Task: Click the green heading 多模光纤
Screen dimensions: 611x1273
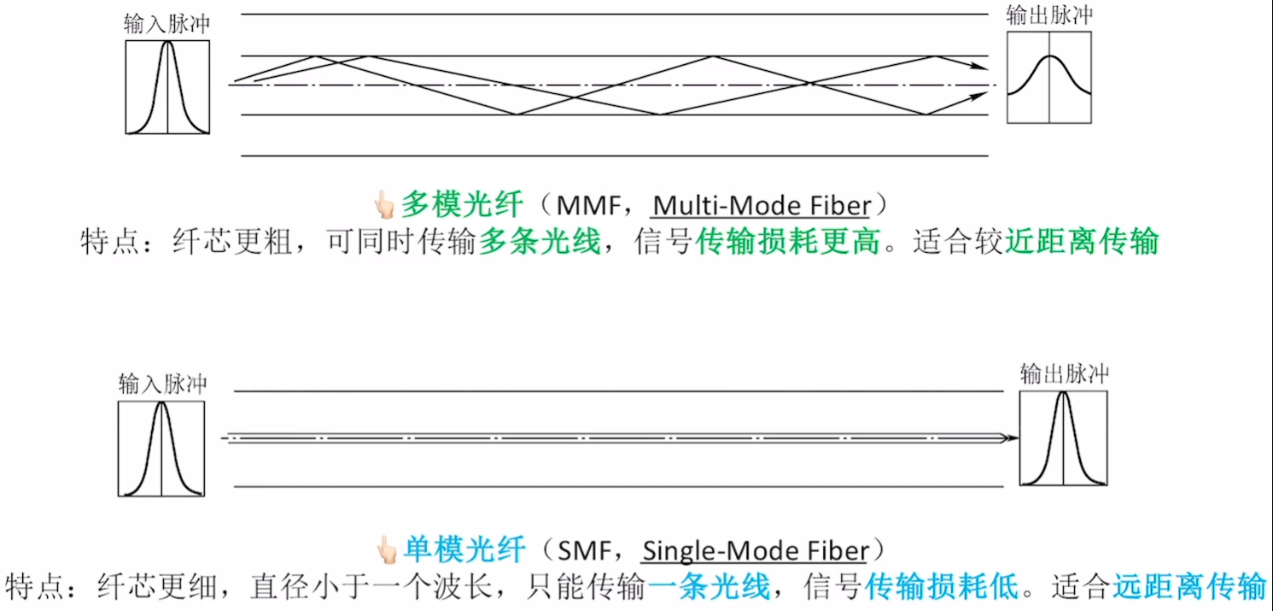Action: (x=461, y=205)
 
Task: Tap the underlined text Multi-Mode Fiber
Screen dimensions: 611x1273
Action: (x=762, y=206)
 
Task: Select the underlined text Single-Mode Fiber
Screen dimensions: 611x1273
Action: (x=755, y=551)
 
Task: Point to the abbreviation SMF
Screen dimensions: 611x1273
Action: (x=587, y=551)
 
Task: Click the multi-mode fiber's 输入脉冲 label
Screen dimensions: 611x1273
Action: (x=166, y=25)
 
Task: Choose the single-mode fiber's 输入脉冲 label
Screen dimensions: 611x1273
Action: (x=162, y=384)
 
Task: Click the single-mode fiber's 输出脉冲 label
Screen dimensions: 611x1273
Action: (x=1064, y=373)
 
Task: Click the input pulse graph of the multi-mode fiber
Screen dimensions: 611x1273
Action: (x=167, y=87)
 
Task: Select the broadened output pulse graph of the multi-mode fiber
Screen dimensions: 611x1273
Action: (x=1049, y=78)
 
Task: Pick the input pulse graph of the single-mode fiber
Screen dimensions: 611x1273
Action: (x=161, y=449)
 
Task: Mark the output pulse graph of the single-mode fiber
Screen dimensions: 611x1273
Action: (x=1064, y=438)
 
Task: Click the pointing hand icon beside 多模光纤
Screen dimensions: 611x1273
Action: (x=383, y=206)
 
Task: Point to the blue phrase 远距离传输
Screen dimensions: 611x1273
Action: (x=1188, y=587)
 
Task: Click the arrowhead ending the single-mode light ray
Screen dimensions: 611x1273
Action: (x=1013, y=438)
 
